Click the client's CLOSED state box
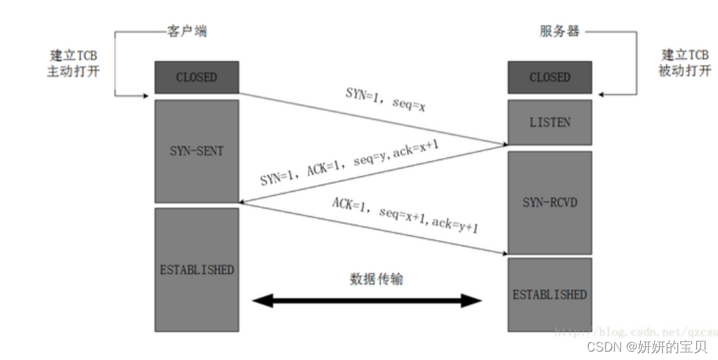click(197, 77)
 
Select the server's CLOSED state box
click(550, 77)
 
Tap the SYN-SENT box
click(197, 152)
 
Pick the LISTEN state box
click(550, 122)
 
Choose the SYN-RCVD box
click(550, 202)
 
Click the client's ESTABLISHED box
click(197, 269)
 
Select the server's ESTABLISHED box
click(550, 294)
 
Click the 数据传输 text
click(376, 279)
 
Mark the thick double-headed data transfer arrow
click(367, 301)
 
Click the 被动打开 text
click(684, 71)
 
